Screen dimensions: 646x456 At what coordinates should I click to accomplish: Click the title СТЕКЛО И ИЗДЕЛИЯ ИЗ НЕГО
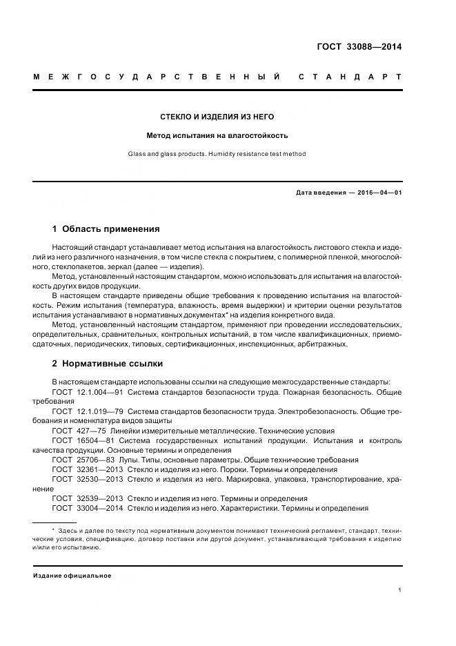click(217, 117)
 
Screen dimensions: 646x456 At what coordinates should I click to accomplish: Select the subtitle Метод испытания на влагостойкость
click(217, 135)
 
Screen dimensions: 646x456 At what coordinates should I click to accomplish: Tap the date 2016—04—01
click(378, 193)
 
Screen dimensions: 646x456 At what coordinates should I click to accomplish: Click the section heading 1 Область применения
click(106, 228)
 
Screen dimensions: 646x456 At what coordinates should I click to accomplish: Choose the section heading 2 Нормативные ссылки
click(108, 363)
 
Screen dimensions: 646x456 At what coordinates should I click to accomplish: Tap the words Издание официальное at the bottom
click(72, 575)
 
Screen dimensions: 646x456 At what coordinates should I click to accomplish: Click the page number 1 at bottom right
click(400, 590)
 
